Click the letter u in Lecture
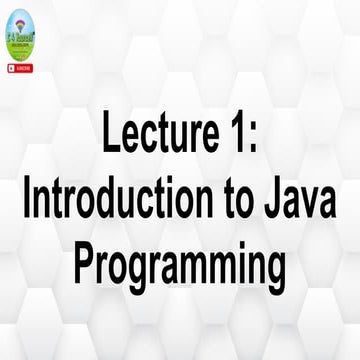(183, 139)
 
